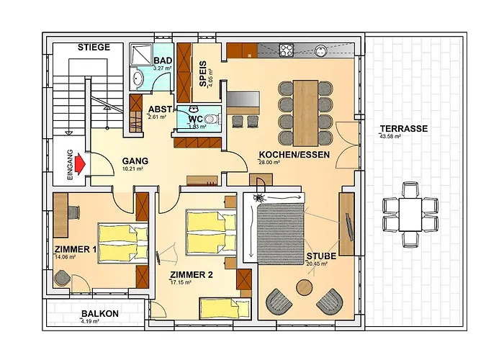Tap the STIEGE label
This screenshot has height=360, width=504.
pyautogui.click(x=94, y=48)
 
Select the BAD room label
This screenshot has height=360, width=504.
pyautogui.click(x=162, y=60)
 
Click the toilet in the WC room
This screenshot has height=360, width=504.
pyautogui.click(x=210, y=119)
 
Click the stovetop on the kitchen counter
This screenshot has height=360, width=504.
pyautogui.click(x=285, y=50)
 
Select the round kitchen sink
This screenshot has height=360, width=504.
pyautogui.click(x=320, y=50)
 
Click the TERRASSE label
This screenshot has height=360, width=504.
pyautogui.click(x=405, y=129)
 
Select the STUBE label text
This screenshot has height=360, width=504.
pyautogui.click(x=320, y=256)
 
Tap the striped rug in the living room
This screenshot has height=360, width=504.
pyautogui.click(x=282, y=230)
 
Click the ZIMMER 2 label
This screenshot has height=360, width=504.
pyautogui.click(x=191, y=275)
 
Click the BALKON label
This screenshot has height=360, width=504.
pyautogui.click(x=100, y=314)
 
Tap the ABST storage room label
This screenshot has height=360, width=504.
pyautogui.click(x=160, y=109)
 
